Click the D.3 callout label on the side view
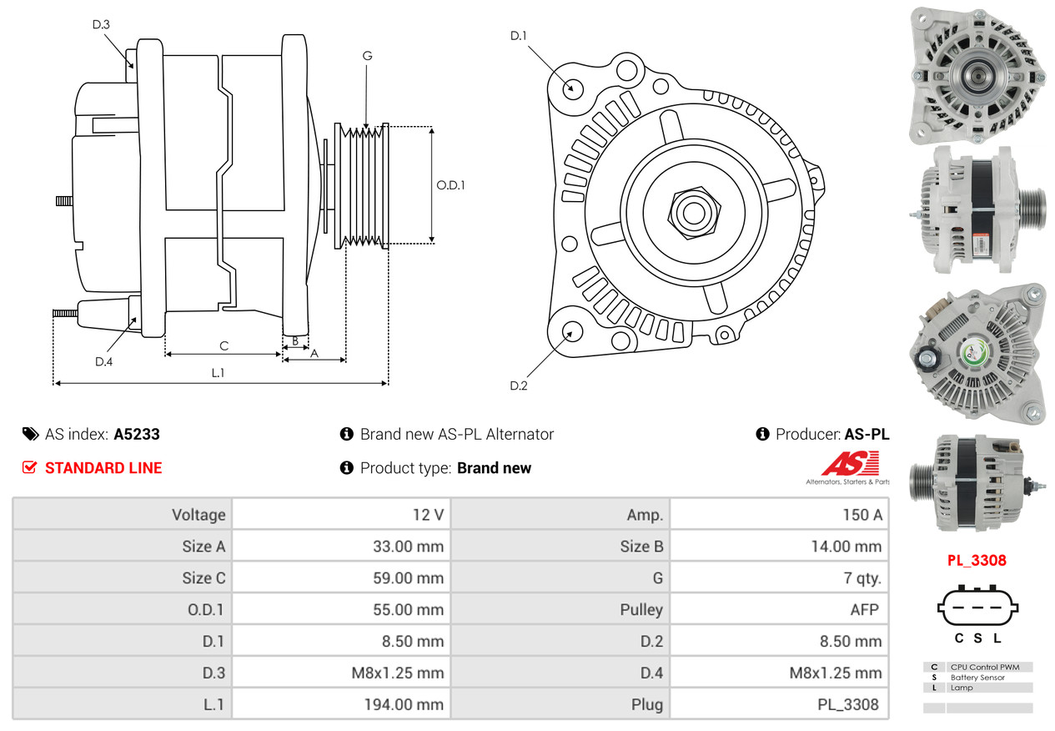[x=101, y=24]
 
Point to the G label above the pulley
[x=367, y=56]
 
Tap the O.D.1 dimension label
[x=450, y=185]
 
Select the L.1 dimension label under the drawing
[x=218, y=373]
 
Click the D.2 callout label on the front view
[x=519, y=386]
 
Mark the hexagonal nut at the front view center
[x=694, y=213]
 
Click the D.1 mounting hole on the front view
[x=573, y=89]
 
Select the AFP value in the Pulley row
[x=864, y=609]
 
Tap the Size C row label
[x=204, y=577]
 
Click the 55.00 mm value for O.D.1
[x=409, y=609]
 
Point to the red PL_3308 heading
[x=977, y=561]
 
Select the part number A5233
[x=137, y=434]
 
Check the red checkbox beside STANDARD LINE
[x=30, y=467]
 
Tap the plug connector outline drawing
[x=977, y=607]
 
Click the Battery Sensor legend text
[x=977, y=678]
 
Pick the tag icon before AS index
[x=31, y=434]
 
